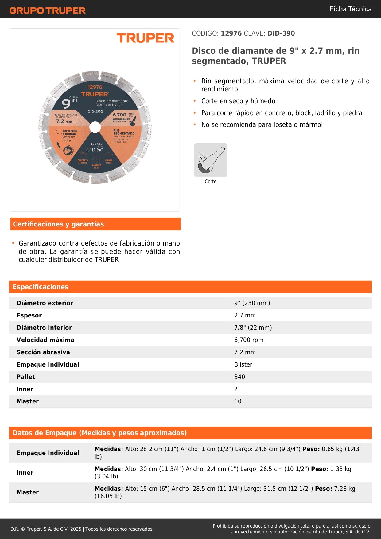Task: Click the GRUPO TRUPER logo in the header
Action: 47,10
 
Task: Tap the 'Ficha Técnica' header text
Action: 350,9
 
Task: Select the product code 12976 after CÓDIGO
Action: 231,33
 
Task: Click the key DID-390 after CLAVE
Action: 281,33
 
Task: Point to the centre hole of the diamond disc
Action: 95,127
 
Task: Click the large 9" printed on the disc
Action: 69,104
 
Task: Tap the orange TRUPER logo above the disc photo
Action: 145,38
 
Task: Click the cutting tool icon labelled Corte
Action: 211,160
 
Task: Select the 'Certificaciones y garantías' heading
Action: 58,224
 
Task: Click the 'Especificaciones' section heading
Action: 41,287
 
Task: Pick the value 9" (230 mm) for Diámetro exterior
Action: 252,303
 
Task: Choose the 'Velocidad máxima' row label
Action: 45,340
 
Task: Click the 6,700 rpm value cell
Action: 249,340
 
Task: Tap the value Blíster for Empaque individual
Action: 243,364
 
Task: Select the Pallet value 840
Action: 239,377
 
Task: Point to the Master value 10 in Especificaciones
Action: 238,401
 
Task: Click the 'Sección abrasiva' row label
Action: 43,352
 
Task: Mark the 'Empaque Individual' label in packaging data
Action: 48,453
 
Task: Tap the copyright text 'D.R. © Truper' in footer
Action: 46,529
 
